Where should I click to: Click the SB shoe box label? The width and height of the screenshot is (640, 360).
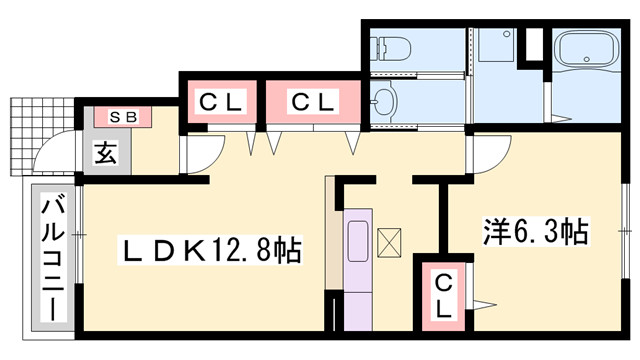coord(123,117)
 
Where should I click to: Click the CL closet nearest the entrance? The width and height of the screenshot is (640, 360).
coord(220,101)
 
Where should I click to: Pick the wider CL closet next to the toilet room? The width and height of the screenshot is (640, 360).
coord(313,101)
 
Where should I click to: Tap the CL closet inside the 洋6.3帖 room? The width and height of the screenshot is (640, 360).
coord(443,294)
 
